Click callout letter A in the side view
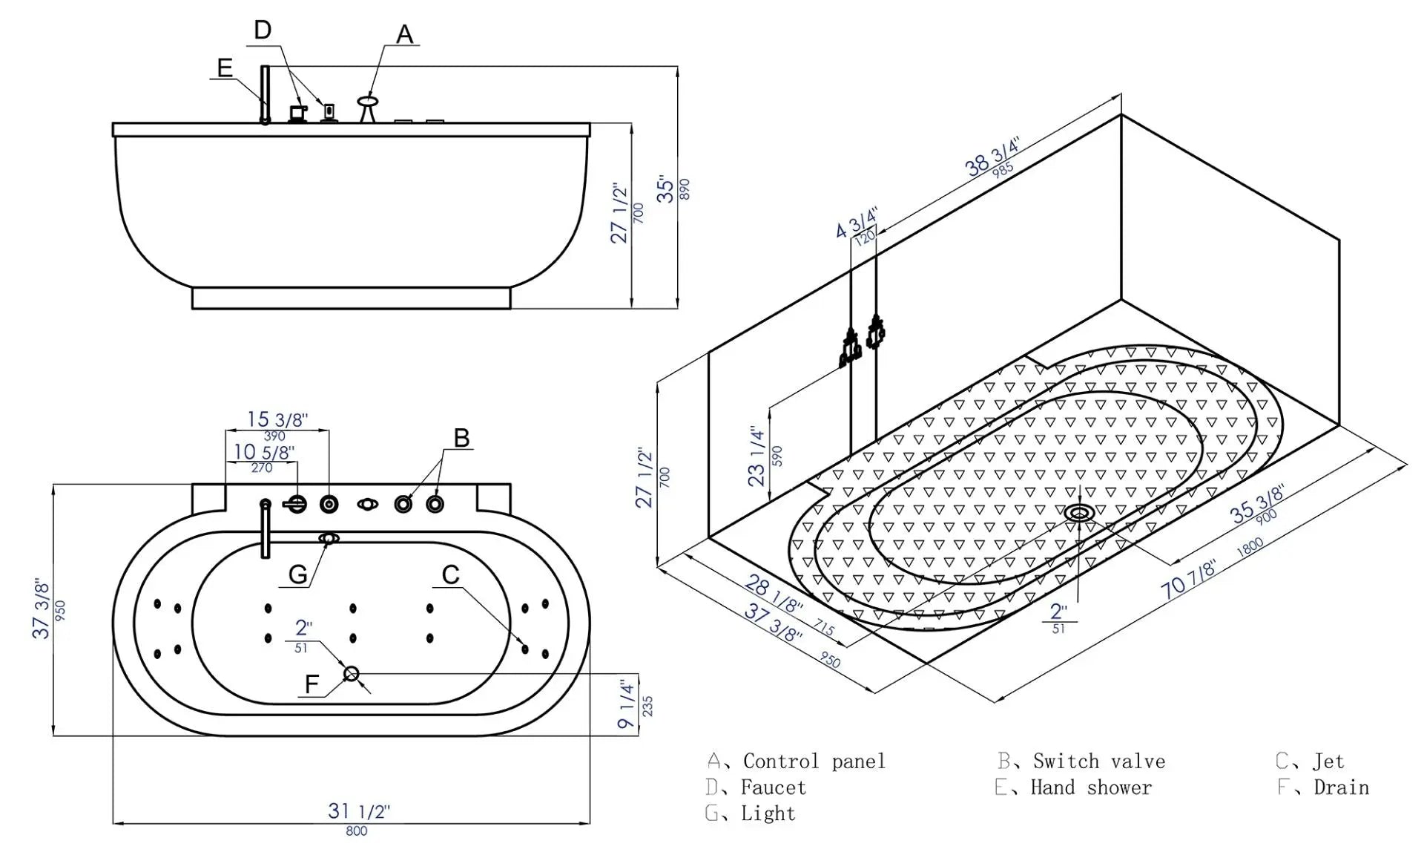tap(404, 34)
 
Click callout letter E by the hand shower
tap(225, 68)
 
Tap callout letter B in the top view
tap(461, 438)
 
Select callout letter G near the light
tap(297, 574)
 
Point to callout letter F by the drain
tap(311, 684)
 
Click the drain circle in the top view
tap(352, 673)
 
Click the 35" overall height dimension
tap(667, 190)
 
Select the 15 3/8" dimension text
tap(277, 419)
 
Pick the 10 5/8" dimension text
tap(264, 451)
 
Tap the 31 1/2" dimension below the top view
tap(359, 811)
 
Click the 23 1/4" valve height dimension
tap(756, 456)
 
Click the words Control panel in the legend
tap(814, 761)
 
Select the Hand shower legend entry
tap(1090, 787)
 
